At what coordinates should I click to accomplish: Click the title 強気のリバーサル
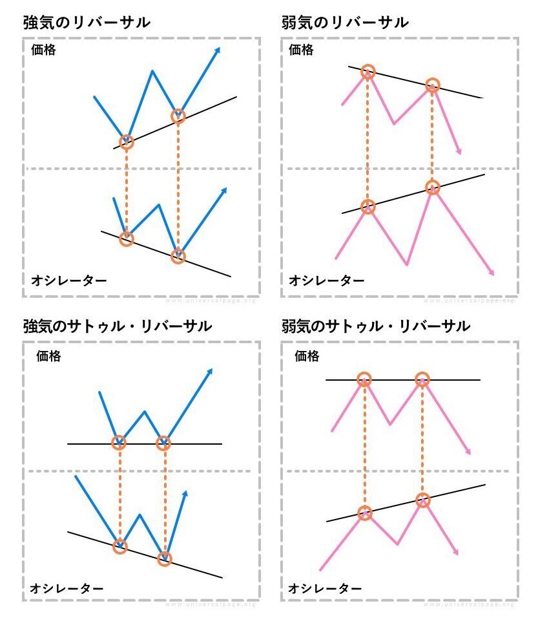coord(87,23)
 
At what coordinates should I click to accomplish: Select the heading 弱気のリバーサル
coord(345,23)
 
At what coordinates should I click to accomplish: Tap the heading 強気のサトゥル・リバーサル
coord(117,326)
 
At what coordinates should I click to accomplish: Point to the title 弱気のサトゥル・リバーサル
coord(375,326)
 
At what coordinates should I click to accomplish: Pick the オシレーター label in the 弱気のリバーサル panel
coord(326,280)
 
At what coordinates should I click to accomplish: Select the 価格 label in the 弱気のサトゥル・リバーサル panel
coord(307,355)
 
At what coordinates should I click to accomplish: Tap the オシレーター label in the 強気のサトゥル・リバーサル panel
coord(67,588)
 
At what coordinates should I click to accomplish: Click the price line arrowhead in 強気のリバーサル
coord(218,50)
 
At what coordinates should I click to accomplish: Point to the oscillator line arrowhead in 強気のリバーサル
coord(225,190)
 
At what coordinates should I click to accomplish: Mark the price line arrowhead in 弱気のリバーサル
coord(459,151)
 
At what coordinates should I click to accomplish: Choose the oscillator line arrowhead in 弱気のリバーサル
coord(492,273)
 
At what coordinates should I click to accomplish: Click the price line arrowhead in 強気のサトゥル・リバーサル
coord(211,371)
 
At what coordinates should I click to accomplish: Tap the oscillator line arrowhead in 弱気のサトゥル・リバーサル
coord(457,552)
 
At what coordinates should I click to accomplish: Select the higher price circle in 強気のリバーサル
coord(178,116)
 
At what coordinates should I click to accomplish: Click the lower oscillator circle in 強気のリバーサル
coord(178,256)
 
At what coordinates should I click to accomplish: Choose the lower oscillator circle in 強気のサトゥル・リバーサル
coord(165,558)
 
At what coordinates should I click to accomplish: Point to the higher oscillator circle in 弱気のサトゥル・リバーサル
coord(422,500)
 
